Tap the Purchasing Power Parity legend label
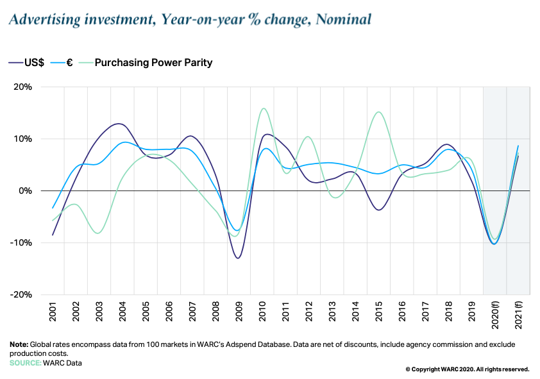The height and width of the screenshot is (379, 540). [x=153, y=62]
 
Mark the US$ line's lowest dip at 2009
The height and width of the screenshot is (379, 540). [x=238, y=258]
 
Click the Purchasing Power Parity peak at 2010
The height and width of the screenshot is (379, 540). [x=264, y=108]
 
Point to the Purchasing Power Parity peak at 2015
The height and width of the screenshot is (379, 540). [x=378, y=112]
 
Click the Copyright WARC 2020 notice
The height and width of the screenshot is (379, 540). [x=467, y=369]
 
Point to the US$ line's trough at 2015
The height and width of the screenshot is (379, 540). [x=379, y=210]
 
